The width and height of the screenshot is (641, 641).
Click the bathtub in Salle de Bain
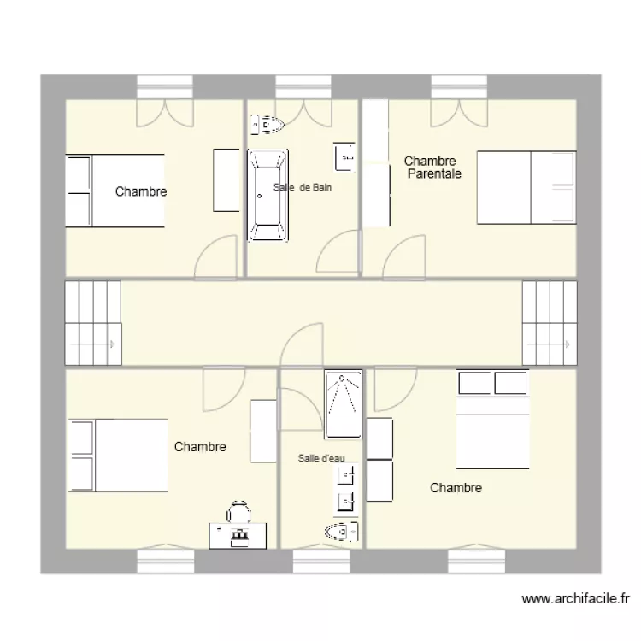coord(268,195)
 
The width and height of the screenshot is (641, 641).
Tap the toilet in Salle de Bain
coord(266,126)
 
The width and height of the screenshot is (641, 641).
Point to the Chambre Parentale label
coord(432,168)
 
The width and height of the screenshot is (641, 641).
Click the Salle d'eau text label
coord(321,459)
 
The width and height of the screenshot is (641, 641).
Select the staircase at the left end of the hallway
coord(92,324)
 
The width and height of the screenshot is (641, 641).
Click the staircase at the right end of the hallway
coord(548,324)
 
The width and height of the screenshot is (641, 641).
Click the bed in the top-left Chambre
coord(115,191)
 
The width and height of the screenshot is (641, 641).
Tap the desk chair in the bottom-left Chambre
coord(238,512)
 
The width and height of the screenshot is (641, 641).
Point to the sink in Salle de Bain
coord(344,156)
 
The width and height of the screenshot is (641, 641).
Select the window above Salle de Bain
coord(303,87)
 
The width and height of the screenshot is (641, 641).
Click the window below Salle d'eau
coord(321,561)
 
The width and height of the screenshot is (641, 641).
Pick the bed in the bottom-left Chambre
coord(119,456)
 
